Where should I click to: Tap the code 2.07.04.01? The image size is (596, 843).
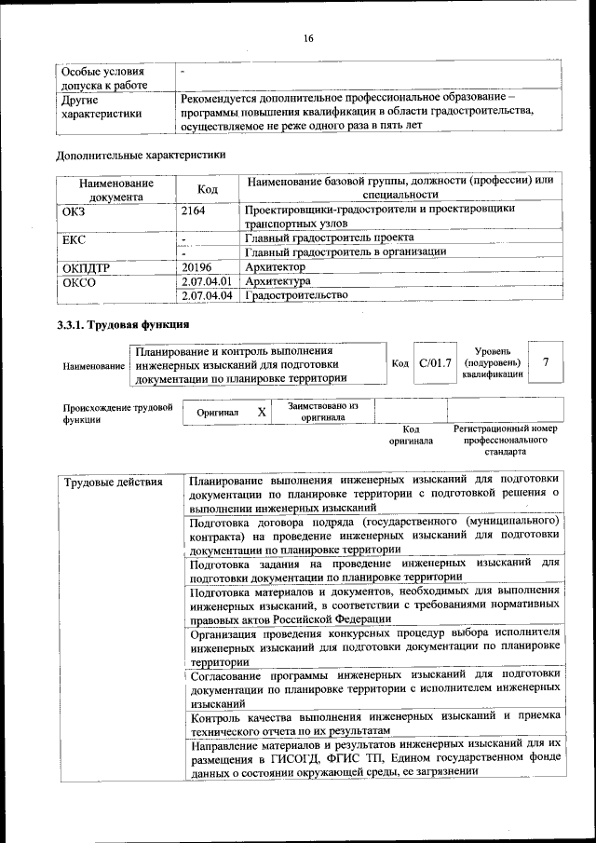coord(207,280)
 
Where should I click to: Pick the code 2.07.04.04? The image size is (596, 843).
coord(207,295)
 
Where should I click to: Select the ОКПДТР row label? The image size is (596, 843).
coord(86,266)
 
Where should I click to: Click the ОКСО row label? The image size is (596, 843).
coord(78,280)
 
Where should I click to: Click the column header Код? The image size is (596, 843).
coord(208,189)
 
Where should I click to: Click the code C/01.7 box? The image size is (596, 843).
coord(434,362)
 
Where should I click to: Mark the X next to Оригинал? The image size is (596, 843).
coord(262,412)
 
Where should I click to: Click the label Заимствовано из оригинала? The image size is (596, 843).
coord(322,412)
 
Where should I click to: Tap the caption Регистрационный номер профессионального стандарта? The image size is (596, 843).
coord(505,440)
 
